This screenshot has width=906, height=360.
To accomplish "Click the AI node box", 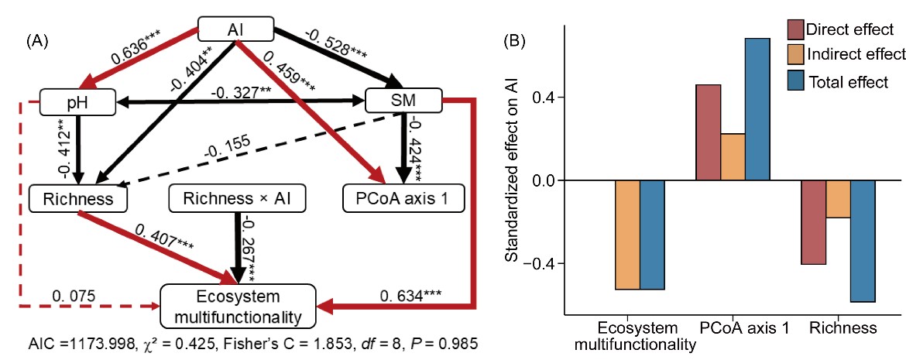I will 237,29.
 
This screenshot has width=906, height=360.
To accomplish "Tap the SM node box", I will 403,101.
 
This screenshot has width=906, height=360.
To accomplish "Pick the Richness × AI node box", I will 238,199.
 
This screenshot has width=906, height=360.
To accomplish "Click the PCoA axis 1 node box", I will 403,199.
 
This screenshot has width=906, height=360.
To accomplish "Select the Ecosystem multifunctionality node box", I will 238,306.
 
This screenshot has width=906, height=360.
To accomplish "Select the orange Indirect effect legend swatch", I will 795,55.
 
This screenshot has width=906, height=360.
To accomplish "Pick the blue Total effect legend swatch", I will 795,81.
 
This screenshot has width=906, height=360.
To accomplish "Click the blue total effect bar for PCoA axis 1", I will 758,109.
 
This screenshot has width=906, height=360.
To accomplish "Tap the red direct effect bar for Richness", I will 812,222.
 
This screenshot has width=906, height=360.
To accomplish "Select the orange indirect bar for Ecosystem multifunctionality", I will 627,235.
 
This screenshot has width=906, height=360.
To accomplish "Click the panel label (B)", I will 517,39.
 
